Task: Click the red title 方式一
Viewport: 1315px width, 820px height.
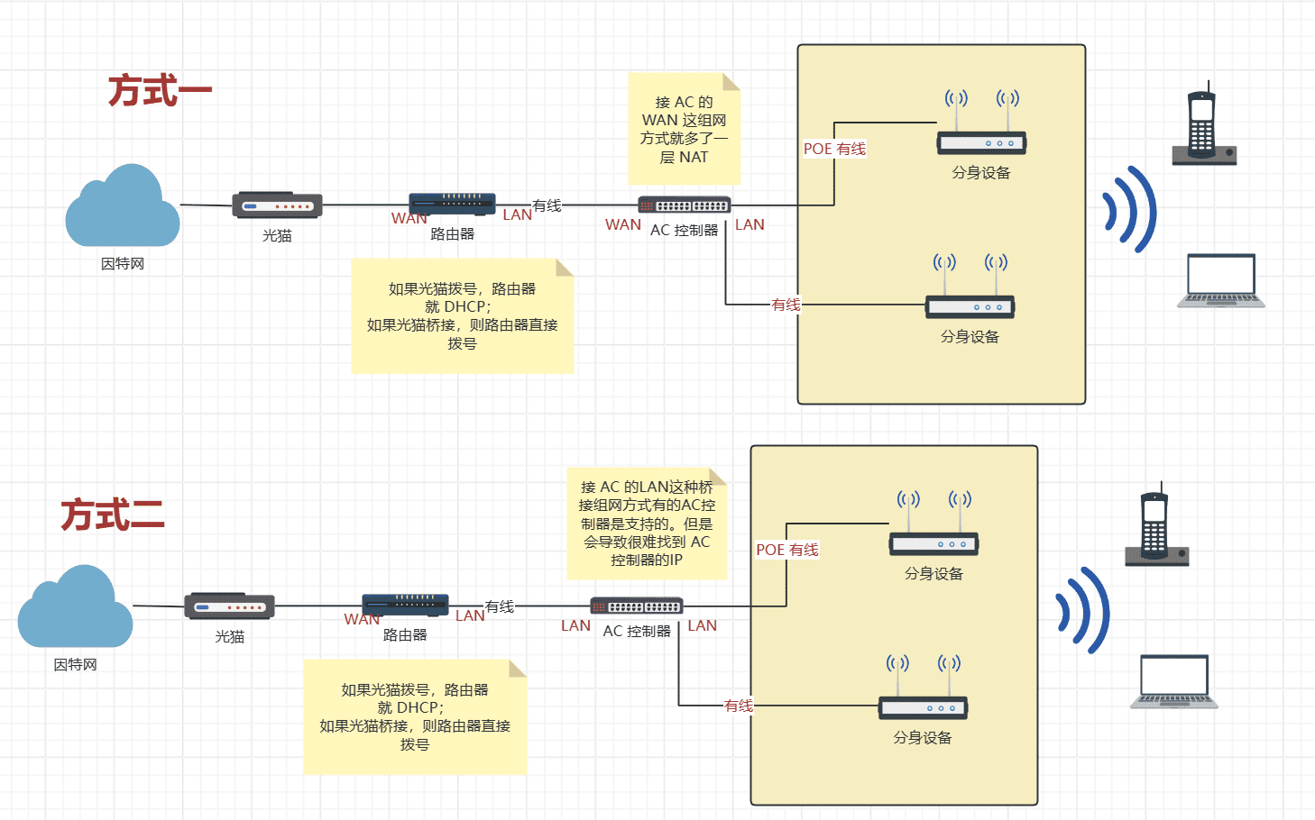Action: point(160,91)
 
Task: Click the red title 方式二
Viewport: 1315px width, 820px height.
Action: point(113,515)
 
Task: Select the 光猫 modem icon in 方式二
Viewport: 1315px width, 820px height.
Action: point(229,606)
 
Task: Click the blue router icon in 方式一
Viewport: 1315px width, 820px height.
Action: point(452,205)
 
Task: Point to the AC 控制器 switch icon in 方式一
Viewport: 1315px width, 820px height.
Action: point(685,205)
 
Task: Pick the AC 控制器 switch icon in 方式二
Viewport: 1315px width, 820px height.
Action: point(637,606)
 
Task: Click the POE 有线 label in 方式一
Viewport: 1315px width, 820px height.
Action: point(834,149)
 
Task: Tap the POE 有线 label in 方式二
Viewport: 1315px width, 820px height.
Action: point(786,550)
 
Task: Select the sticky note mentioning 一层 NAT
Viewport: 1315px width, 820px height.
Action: point(684,129)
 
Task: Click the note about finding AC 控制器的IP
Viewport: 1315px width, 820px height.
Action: point(647,524)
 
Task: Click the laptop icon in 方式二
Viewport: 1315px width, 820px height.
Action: point(1174,681)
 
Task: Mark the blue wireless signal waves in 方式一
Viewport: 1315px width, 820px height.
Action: point(1129,210)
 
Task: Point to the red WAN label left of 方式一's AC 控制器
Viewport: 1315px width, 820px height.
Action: point(623,224)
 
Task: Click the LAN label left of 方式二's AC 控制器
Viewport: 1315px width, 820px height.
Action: point(575,625)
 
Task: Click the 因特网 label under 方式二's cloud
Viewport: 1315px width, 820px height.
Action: point(75,664)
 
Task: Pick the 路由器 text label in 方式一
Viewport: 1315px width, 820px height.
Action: point(452,233)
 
